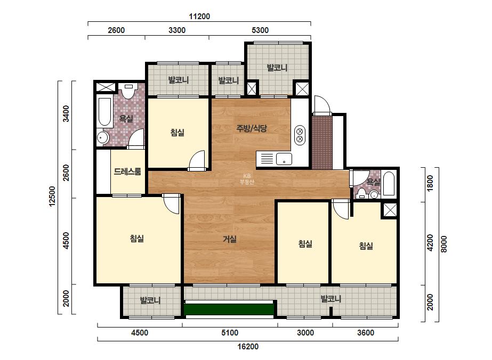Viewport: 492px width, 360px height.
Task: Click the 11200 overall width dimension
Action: click(199, 17)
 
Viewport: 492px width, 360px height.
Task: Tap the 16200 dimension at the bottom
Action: click(248, 347)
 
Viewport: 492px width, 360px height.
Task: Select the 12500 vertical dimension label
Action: click(52, 197)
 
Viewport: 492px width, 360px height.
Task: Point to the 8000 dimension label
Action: click(443, 244)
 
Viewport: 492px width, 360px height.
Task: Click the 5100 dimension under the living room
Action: click(230, 333)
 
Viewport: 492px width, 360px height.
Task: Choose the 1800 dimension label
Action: click(430, 183)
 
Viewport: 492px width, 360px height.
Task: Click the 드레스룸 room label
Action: click(127, 171)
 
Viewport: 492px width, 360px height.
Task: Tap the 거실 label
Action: click(230, 239)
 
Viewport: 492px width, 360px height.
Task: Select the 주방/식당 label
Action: click(252, 128)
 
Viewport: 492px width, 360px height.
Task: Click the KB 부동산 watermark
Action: click(247, 179)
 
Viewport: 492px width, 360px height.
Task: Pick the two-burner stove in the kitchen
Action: click(300, 135)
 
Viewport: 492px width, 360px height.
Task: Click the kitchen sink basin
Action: click(284, 159)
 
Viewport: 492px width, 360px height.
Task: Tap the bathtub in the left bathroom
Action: click(105, 112)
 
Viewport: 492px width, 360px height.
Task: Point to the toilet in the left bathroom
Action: click(128, 91)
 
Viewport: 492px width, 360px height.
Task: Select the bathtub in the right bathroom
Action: click(389, 184)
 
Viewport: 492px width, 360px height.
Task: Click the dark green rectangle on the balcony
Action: click(229, 309)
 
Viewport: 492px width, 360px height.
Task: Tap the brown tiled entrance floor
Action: click(322, 143)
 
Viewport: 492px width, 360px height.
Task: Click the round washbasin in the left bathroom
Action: click(102, 137)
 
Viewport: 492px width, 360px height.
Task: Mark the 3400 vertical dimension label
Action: click(66, 114)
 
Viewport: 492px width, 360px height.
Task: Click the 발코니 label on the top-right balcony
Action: click(277, 68)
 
